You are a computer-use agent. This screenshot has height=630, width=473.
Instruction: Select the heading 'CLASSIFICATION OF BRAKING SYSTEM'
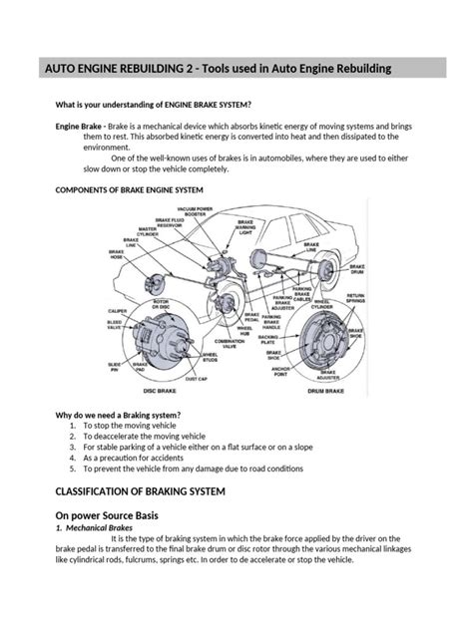point(146,491)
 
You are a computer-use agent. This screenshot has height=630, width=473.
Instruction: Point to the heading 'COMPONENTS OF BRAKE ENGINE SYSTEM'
point(129,189)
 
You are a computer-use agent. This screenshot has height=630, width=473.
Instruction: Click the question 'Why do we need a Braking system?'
point(124,413)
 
